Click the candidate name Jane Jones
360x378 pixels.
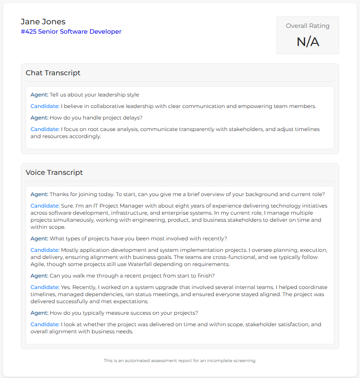tap(43, 22)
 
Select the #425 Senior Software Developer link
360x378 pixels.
tap(71, 31)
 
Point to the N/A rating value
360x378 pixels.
tap(307, 42)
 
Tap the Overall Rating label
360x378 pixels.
tap(307, 26)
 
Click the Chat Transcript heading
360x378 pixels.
tap(53, 73)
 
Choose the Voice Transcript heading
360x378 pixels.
tap(54, 172)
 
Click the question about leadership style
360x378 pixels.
tap(94, 95)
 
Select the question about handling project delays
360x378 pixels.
tap(96, 118)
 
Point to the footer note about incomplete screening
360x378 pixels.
tap(180, 360)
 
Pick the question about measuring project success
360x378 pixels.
tap(124, 313)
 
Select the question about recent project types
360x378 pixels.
tap(138, 239)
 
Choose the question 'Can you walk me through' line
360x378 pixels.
tap(132, 276)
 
